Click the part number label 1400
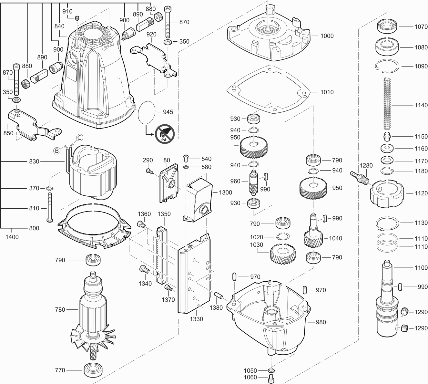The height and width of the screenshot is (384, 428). (12, 237)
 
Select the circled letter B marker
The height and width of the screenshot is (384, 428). (57, 150)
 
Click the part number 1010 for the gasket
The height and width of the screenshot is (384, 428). (327, 92)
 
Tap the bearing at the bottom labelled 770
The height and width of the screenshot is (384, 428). (93, 370)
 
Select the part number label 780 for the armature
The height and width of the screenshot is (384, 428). (60, 309)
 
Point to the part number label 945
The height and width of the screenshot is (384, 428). (168, 112)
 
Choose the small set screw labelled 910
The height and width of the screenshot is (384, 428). (77, 18)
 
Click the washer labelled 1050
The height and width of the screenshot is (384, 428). (271, 370)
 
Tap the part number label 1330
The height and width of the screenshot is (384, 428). (196, 319)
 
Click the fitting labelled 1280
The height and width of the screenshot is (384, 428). (359, 177)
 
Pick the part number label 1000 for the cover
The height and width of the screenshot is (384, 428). (327, 36)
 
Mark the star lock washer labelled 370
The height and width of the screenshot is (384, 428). (50, 188)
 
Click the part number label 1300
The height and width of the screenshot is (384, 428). (225, 192)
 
